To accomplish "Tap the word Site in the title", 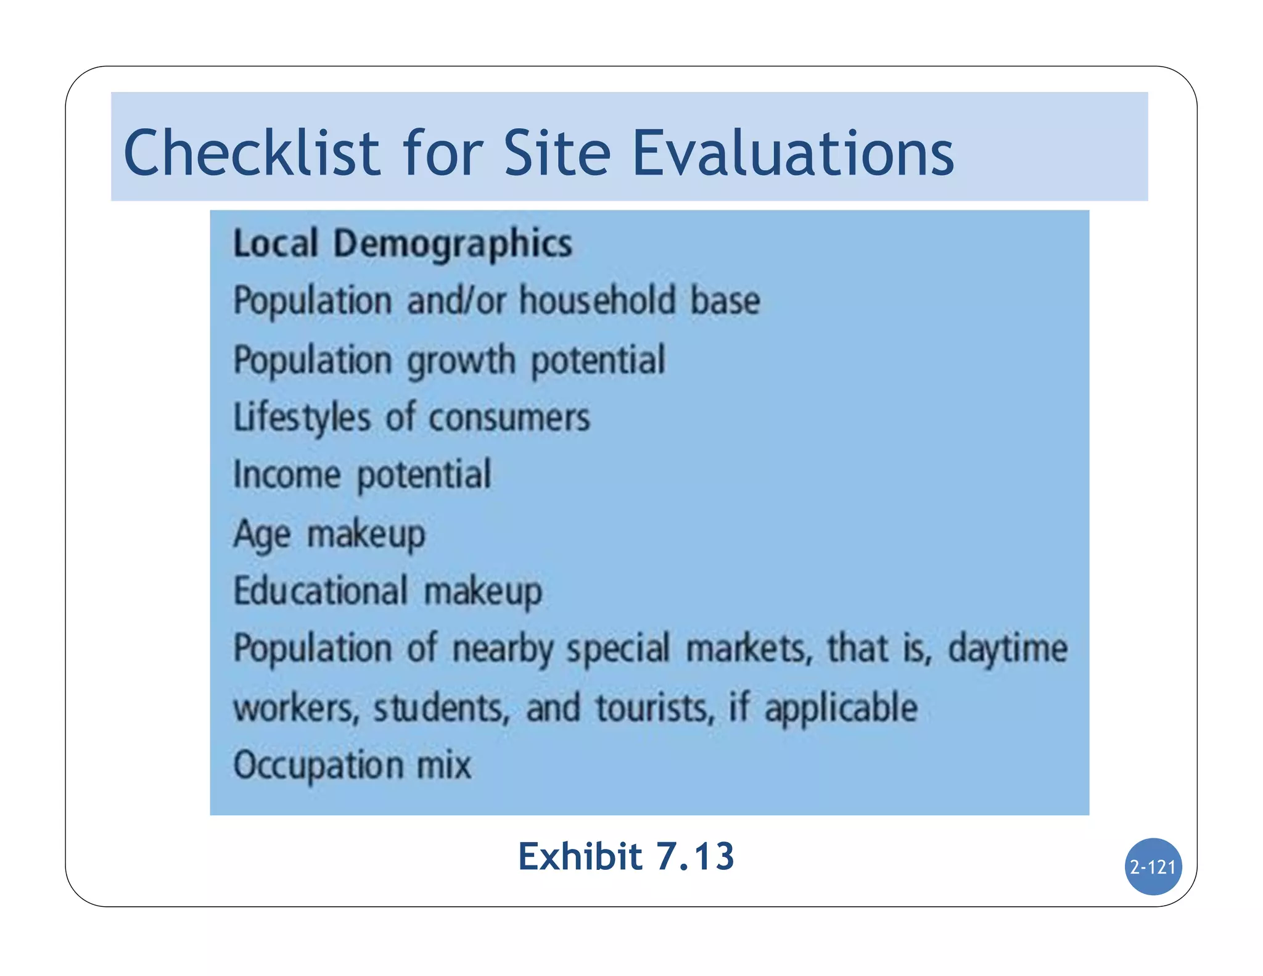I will [x=557, y=152].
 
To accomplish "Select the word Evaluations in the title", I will [x=793, y=152].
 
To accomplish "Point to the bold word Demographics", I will [x=453, y=244].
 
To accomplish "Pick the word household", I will [x=597, y=300].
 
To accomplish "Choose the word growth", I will [x=461, y=361].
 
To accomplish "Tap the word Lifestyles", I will [x=302, y=418].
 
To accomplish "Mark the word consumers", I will [x=509, y=418].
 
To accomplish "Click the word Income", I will [x=287, y=474].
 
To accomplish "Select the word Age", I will [x=261, y=534].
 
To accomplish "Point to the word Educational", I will [x=321, y=590].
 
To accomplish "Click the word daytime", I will [x=1008, y=649].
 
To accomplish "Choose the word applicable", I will [x=841, y=708].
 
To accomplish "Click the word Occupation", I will [x=318, y=765].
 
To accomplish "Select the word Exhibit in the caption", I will [x=580, y=856].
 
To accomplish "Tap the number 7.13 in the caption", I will [x=695, y=856].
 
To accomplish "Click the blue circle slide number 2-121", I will [x=1153, y=867].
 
